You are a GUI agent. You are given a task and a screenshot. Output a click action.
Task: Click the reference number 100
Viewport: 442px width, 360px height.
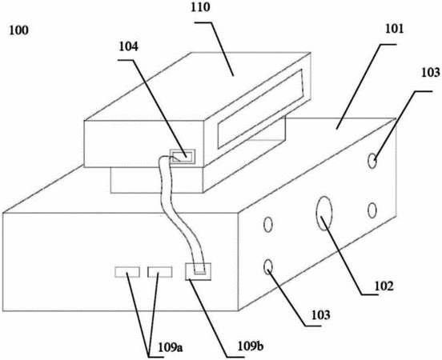click(x=19, y=30)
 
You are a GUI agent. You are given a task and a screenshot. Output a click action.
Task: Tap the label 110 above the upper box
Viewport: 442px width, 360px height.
click(x=201, y=8)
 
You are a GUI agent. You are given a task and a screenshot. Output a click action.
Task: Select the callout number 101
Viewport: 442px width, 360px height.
click(x=395, y=30)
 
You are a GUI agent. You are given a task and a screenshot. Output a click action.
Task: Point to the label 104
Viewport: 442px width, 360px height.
click(x=129, y=46)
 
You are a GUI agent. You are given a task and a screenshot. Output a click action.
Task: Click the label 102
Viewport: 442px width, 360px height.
click(x=384, y=286)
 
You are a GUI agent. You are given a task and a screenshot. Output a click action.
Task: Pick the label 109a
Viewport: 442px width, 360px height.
click(x=171, y=348)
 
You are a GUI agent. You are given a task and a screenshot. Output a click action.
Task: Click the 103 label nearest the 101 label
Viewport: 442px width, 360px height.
click(x=431, y=72)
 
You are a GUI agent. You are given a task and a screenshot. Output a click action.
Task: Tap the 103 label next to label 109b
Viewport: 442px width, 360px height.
click(x=320, y=315)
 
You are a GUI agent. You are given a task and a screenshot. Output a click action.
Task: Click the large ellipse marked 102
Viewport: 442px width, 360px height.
click(x=323, y=214)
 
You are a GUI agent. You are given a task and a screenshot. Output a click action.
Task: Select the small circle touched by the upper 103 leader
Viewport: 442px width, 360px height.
click(x=372, y=161)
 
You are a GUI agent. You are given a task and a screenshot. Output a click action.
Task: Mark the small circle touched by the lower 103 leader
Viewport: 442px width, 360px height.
click(x=267, y=266)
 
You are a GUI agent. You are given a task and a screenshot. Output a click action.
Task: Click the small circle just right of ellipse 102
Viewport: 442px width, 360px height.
click(x=372, y=210)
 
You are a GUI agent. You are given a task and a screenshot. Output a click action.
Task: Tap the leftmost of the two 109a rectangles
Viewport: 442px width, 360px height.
click(x=127, y=272)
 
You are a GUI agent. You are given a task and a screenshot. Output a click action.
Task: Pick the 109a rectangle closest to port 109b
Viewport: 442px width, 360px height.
click(x=160, y=272)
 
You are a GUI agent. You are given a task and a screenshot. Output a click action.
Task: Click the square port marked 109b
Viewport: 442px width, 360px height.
click(x=198, y=271)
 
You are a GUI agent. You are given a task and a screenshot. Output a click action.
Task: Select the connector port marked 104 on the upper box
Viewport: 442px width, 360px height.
click(x=183, y=156)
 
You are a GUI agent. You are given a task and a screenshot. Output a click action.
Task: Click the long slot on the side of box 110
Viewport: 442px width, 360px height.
click(x=260, y=109)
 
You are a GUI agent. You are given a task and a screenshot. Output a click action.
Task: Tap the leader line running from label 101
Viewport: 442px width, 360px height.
click(x=366, y=86)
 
